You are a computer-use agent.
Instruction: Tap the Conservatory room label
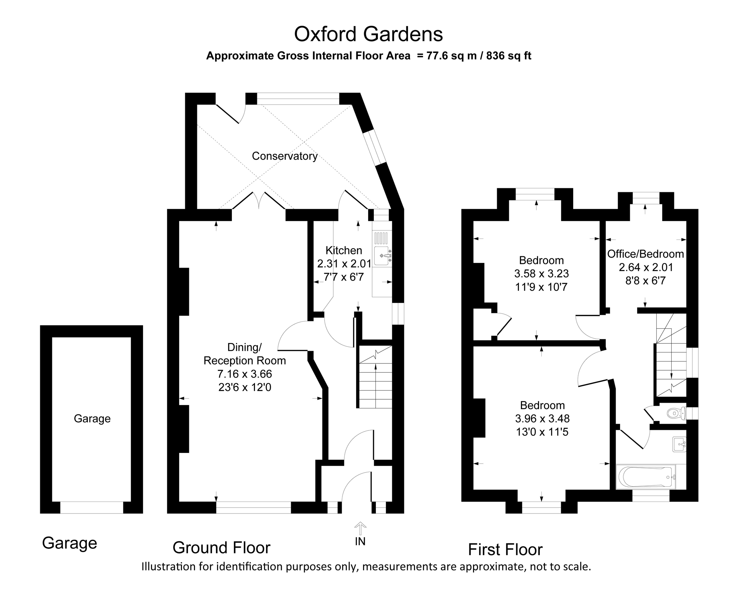click(x=284, y=156)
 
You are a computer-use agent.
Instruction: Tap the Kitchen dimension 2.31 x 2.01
click(x=344, y=264)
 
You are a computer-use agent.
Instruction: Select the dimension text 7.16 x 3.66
click(x=245, y=374)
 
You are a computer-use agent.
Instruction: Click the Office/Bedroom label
click(x=645, y=254)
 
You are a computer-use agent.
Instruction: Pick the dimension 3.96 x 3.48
click(x=542, y=418)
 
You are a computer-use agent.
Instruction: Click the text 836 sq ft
click(x=509, y=56)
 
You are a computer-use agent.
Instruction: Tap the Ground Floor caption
click(x=221, y=548)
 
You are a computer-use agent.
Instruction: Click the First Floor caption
click(x=505, y=549)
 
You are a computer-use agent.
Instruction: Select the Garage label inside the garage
click(x=92, y=418)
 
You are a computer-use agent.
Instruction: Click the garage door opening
click(x=92, y=508)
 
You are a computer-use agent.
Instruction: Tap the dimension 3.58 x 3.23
click(x=541, y=274)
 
